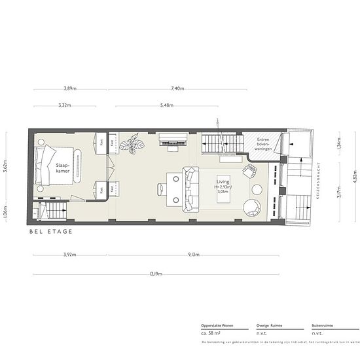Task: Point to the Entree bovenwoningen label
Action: coord(264,143)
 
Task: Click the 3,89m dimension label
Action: coord(65,88)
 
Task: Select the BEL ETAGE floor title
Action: coord(50,232)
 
